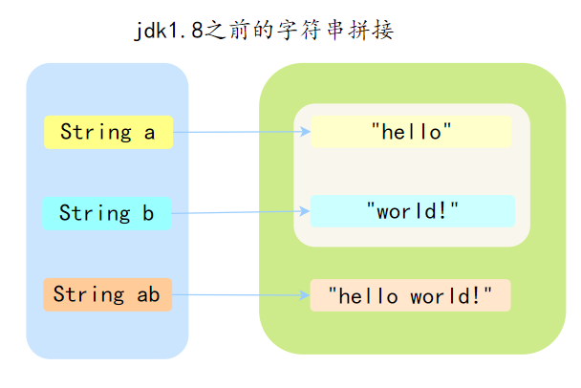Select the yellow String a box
coord(108,132)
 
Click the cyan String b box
coord(106,213)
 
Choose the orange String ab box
coord(107,294)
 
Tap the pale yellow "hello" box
coord(411,132)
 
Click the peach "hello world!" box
coord(410,295)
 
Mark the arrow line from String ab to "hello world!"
coord(239,294)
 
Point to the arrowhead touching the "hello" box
coord(305,132)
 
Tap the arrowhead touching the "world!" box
coord(305,211)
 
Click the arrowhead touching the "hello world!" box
coord(305,294)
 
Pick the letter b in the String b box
coord(148,213)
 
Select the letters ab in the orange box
coord(148,294)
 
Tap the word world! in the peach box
coord(452,295)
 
